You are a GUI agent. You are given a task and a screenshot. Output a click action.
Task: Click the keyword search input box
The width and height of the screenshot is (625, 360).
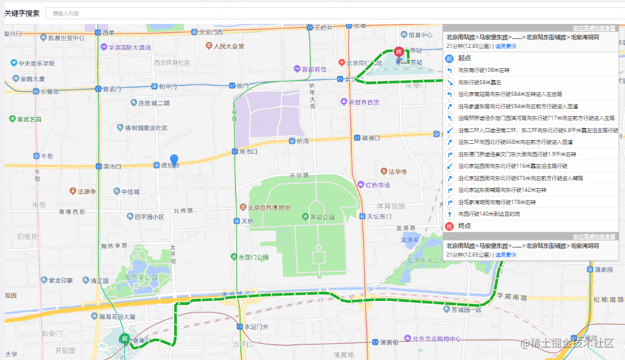click(333, 13)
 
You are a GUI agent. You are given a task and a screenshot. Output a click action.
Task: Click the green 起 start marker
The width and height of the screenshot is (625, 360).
click(124, 338)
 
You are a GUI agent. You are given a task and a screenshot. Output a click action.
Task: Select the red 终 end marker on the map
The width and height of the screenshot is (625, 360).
click(399, 53)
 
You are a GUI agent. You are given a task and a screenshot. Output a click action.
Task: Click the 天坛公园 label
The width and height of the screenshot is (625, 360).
click(322, 217)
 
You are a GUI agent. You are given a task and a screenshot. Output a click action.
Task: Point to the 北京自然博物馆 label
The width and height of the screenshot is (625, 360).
click(269, 207)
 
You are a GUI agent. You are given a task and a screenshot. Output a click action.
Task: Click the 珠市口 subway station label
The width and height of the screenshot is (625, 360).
click(248, 151)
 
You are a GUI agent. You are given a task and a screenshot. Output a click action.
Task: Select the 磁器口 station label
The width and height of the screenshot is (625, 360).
click(370, 138)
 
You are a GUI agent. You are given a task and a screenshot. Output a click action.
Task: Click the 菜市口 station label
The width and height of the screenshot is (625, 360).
click(111, 166)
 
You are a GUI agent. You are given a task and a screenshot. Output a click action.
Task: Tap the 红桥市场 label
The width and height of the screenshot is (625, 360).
click(377, 185)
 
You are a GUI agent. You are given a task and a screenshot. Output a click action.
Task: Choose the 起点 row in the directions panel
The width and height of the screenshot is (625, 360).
click(464, 58)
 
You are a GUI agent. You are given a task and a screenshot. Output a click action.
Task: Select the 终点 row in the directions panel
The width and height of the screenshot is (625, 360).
click(464, 226)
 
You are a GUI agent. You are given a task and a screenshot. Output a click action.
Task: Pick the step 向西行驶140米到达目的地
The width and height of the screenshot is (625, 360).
click(489, 214)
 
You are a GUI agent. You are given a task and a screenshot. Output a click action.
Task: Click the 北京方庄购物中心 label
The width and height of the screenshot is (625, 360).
click(436, 339)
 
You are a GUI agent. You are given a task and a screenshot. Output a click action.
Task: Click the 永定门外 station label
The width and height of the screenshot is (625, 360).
click(256, 327)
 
